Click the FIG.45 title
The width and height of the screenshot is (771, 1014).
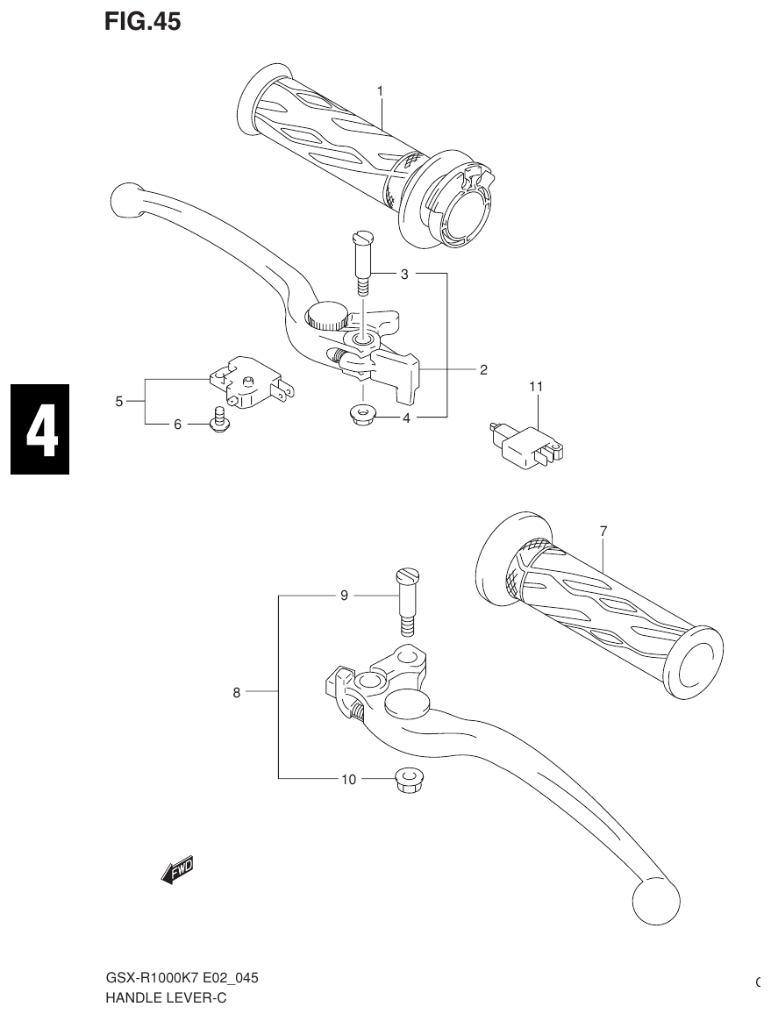142,22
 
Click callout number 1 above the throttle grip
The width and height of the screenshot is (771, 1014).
381,91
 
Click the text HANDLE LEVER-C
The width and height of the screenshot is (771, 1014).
166,997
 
